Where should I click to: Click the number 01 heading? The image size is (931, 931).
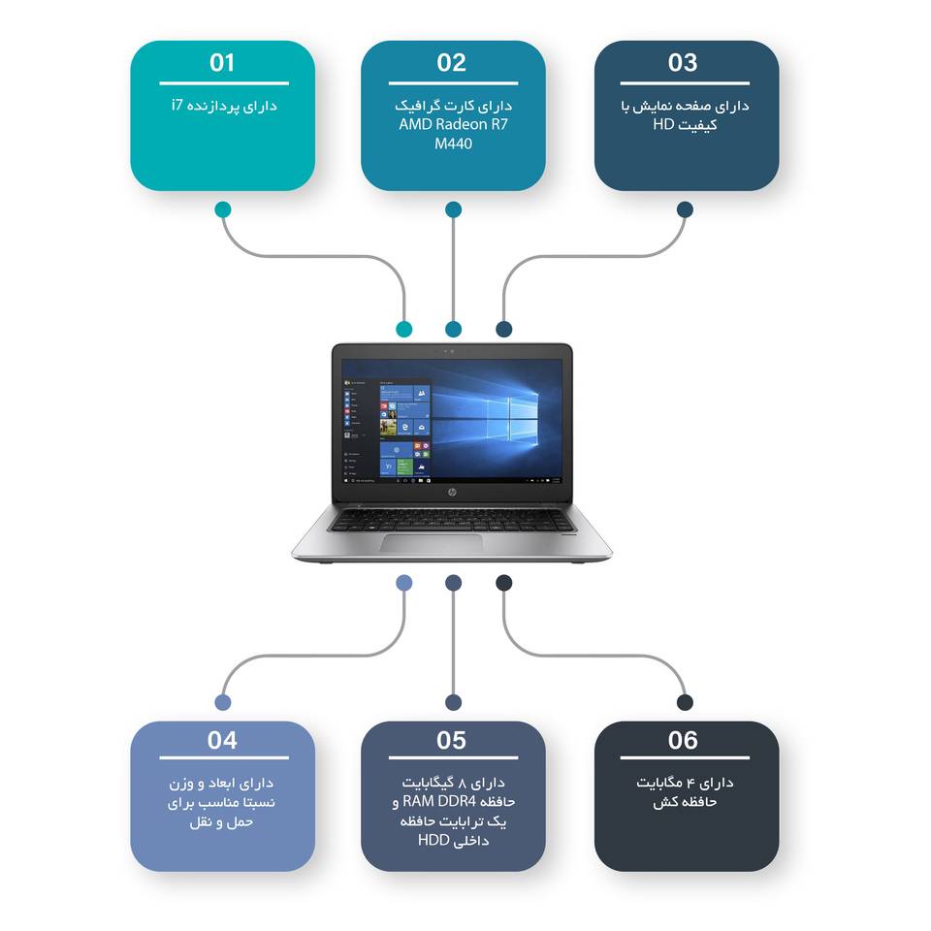click(222, 63)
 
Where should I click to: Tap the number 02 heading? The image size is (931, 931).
click(452, 63)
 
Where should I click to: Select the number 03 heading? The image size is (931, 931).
click(683, 63)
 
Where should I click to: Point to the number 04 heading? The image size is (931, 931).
click(222, 741)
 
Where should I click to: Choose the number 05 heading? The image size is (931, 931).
click(452, 741)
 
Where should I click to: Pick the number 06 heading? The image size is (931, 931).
click(683, 741)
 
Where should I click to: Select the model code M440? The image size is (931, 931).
click(453, 144)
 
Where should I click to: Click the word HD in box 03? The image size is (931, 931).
click(663, 124)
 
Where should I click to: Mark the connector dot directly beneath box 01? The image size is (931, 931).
click(223, 209)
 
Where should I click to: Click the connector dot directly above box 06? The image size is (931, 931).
click(685, 702)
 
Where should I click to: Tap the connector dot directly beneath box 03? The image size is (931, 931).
click(685, 209)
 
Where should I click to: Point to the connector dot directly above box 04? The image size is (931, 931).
click(223, 702)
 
